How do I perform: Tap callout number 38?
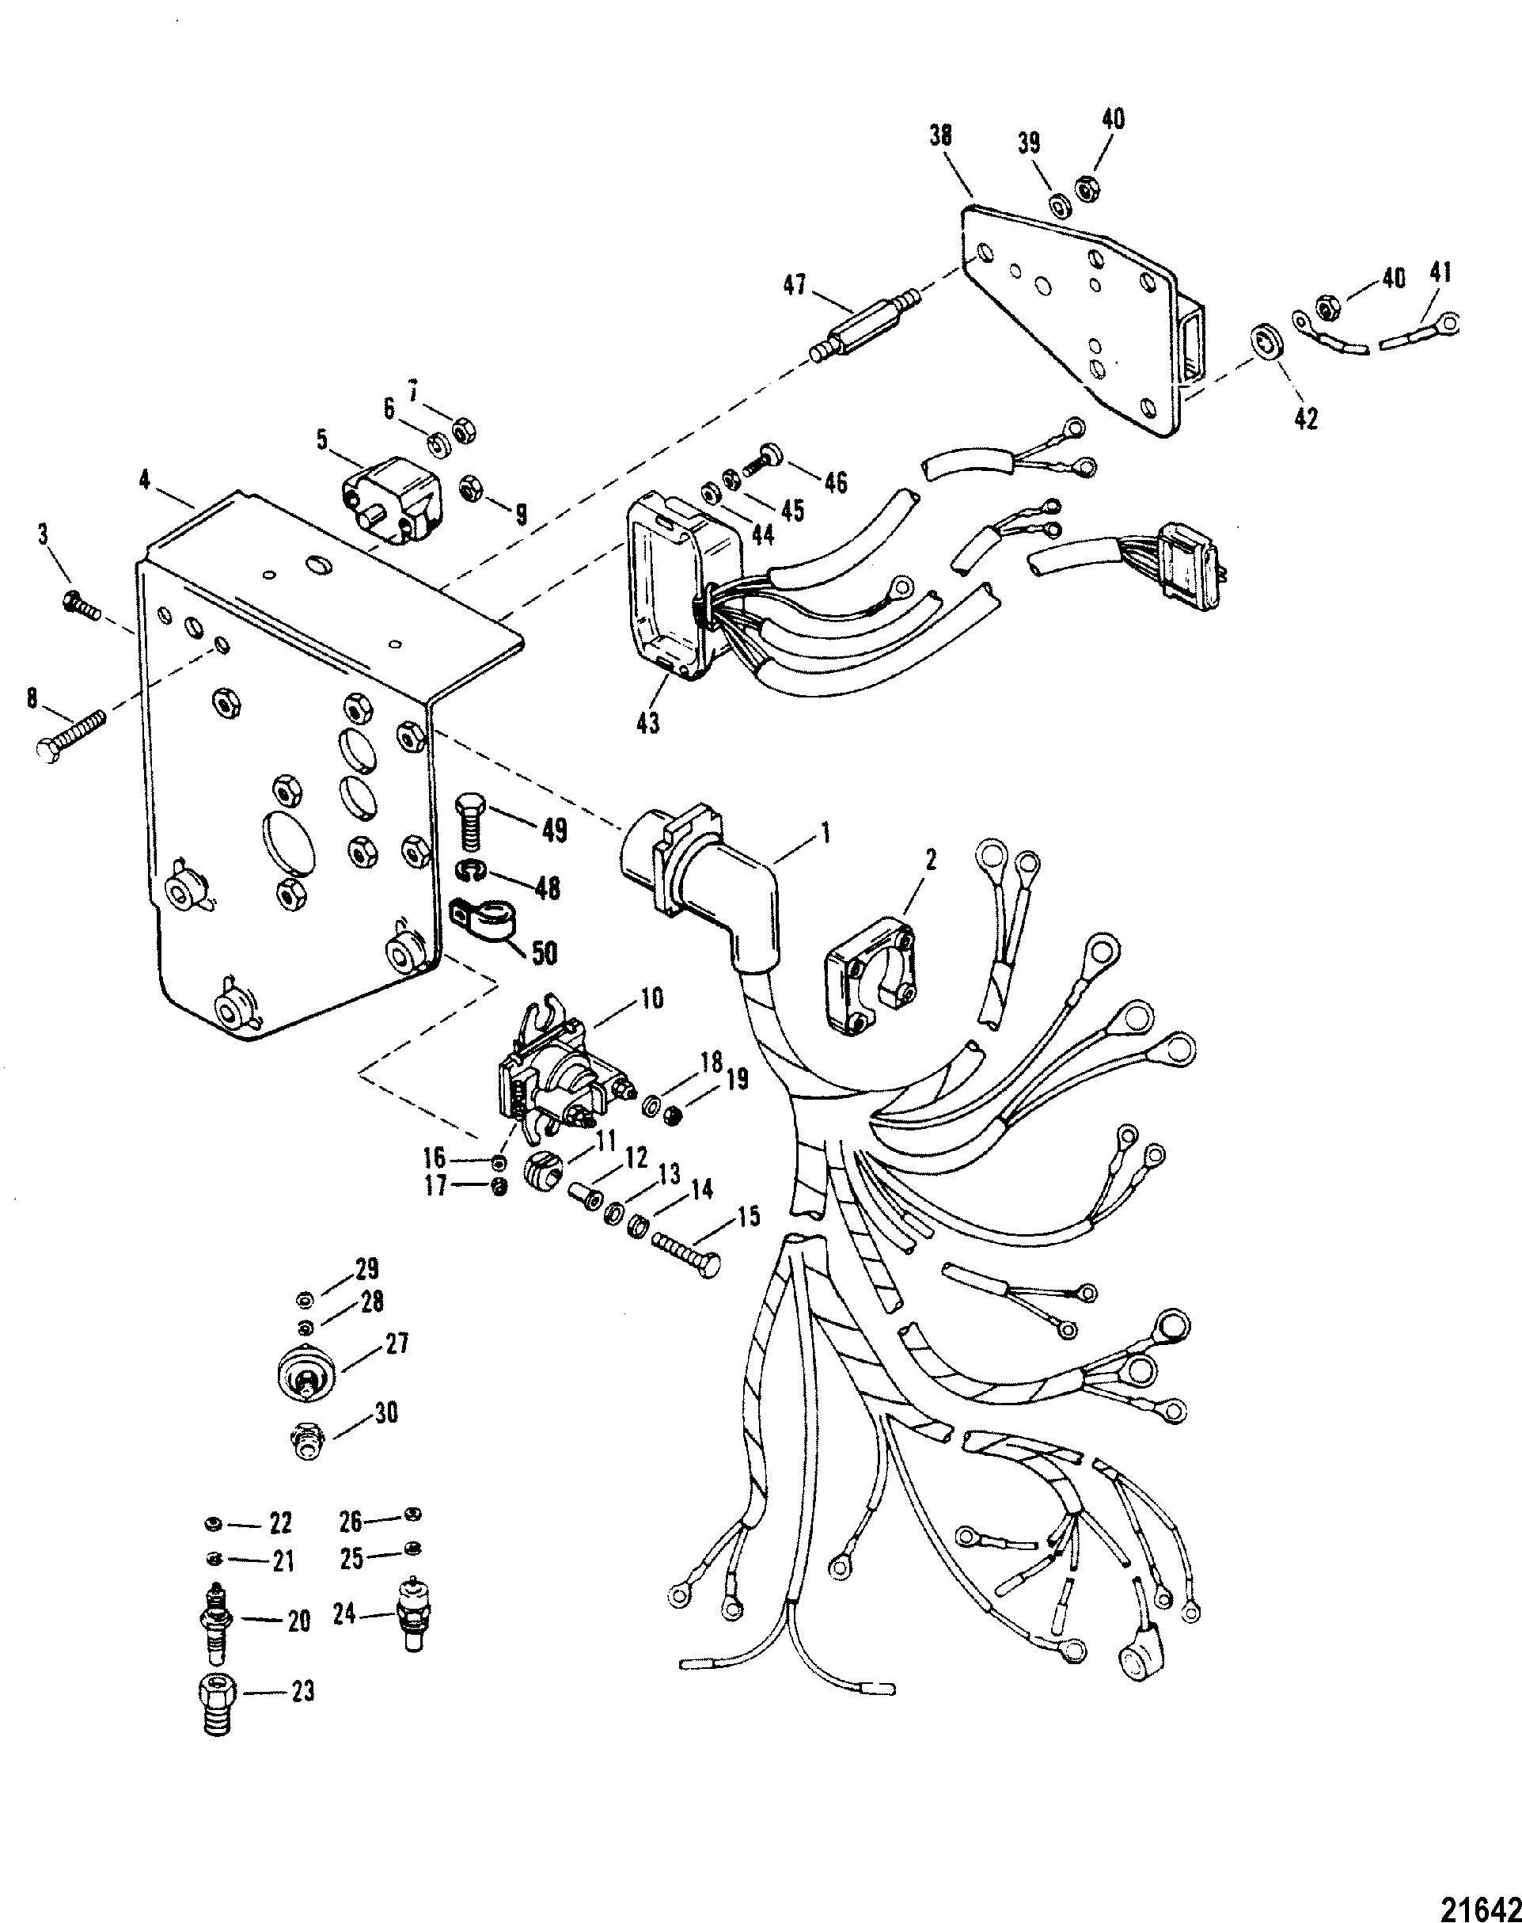coord(940,135)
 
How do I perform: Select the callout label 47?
coord(794,286)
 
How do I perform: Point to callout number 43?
coord(648,723)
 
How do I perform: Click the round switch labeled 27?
coord(306,1382)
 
